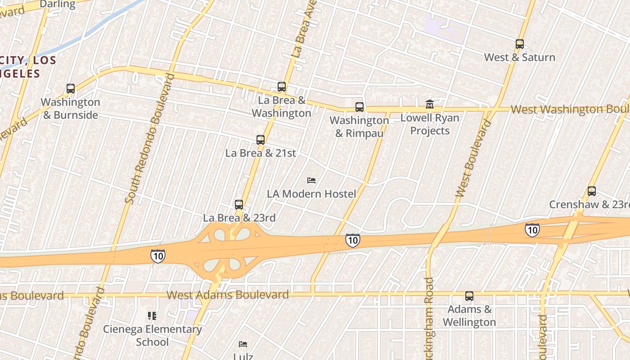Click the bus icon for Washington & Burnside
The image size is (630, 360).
71,89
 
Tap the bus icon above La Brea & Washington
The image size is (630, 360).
282,87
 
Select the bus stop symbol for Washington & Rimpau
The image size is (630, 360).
359,107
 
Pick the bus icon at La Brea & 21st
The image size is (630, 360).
261,140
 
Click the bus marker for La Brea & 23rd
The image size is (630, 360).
239,205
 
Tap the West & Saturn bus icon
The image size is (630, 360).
520,44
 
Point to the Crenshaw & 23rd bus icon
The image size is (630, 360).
592,191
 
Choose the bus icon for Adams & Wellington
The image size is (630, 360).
469,296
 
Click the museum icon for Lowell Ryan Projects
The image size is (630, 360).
430,105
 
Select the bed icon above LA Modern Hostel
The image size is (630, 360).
311,180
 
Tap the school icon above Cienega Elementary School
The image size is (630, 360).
152,316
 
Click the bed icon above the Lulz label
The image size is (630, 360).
243,344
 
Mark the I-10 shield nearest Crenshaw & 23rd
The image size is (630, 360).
532,230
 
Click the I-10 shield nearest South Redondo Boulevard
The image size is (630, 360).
157,256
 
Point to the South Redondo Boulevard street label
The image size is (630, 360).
148,139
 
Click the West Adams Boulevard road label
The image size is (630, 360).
227,295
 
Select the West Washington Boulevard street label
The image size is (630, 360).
570,109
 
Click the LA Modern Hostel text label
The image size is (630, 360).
311,194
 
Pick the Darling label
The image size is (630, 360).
58,4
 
